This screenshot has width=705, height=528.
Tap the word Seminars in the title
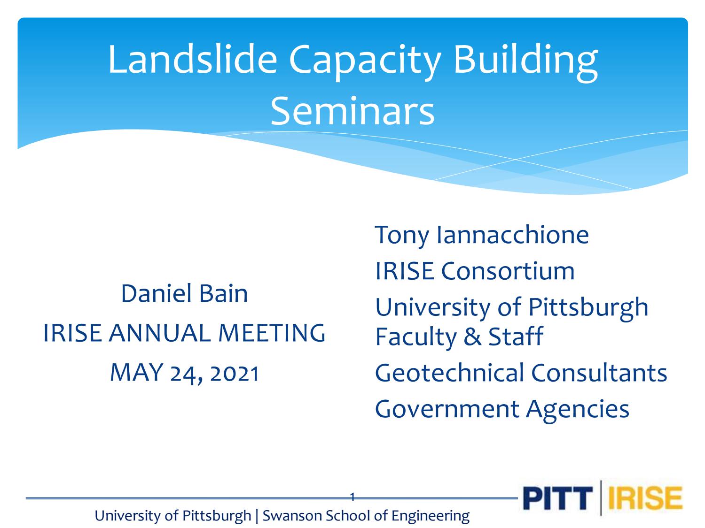(352, 111)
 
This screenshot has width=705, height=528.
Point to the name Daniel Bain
(184, 293)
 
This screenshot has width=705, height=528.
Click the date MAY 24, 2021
(184, 373)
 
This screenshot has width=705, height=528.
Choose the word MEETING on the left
(272, 333)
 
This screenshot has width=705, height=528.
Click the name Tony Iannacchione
(481, 234)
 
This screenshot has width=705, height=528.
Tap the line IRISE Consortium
(475, 271)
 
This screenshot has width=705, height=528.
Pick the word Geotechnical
(449, 373)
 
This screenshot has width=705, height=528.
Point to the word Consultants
(599, 373)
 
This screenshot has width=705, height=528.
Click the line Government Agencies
(501, 408)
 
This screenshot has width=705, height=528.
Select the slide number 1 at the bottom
(352, 497)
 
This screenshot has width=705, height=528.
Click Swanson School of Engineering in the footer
(366, 516)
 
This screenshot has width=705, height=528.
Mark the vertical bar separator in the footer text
(257, 516)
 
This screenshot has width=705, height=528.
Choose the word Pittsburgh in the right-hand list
(588, 307)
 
